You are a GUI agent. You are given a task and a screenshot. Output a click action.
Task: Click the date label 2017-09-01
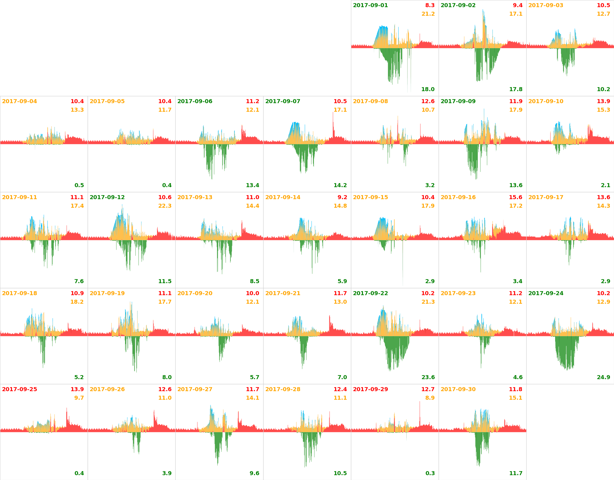(x=370, y=5)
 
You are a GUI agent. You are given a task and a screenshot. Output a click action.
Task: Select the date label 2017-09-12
(x=107, y=197)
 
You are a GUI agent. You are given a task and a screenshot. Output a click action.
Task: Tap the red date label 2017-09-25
(x=19, y=389)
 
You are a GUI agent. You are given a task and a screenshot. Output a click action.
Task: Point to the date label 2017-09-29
(x=370, y=389)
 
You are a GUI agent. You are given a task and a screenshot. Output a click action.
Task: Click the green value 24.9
(x=603, y=377)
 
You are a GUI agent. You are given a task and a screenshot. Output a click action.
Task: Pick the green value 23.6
(x=428, y=377)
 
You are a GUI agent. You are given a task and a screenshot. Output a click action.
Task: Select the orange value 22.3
(x=165, y=206)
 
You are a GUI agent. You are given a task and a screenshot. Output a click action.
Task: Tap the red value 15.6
(x=515, y=197)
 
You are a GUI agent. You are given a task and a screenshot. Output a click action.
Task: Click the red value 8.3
(x=430, y=5)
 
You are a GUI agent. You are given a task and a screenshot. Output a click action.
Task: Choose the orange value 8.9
(x=430, y=398)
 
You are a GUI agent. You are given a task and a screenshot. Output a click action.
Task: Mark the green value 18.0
(x=428, y=89)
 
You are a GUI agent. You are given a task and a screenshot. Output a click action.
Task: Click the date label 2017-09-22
(x=370, y=293)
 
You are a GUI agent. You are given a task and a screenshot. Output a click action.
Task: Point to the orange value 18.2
(x=77, y=302)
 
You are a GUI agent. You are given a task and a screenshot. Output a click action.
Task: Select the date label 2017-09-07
(x=283, y=101)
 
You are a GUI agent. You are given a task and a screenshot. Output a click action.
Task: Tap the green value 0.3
(x=430, y=473)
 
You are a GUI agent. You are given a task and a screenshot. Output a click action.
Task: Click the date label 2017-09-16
(x=458, y=197)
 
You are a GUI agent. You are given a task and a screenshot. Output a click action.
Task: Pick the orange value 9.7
(x=79, y=398)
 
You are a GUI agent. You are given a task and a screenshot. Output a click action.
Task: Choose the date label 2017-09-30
(x=458, y=389)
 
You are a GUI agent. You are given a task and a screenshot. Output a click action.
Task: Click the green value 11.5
(x=165, y=281)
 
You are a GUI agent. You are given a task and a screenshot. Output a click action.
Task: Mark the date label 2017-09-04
(x=19, y=101)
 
